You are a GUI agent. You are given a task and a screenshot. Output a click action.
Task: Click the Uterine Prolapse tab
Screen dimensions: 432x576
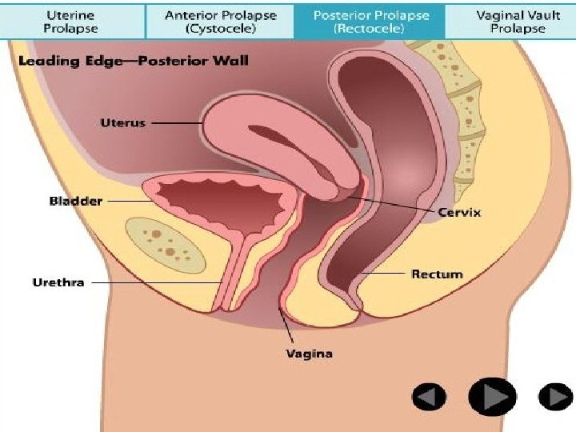[71, 21]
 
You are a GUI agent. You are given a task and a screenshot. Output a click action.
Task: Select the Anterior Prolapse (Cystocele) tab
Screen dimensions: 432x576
[221, 21]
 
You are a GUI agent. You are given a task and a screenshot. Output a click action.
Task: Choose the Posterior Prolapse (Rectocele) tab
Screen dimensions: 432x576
[370, 21]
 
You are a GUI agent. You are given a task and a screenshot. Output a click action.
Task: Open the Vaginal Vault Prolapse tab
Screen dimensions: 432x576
[516, 21]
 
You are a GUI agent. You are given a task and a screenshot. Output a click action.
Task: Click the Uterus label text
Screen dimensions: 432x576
[122, 123]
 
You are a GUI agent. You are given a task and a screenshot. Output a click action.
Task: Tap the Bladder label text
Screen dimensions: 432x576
[75, 201]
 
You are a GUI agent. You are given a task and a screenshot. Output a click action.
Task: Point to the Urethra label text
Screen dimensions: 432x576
[58, 282]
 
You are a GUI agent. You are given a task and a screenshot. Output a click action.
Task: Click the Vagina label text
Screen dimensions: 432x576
[309, 353]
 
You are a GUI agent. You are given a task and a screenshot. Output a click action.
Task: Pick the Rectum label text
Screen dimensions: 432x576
[437, 274]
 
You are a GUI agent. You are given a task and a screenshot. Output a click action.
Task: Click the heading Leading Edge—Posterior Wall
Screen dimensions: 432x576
[132, 61]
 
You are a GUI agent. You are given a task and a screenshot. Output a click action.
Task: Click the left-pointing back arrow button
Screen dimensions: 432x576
[430, 396]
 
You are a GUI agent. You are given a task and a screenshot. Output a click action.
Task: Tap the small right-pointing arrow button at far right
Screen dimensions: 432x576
[554, 396]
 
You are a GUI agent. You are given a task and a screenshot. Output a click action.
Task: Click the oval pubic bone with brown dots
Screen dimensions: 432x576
[163, 238]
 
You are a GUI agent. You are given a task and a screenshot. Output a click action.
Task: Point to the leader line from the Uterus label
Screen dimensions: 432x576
[176, 123]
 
